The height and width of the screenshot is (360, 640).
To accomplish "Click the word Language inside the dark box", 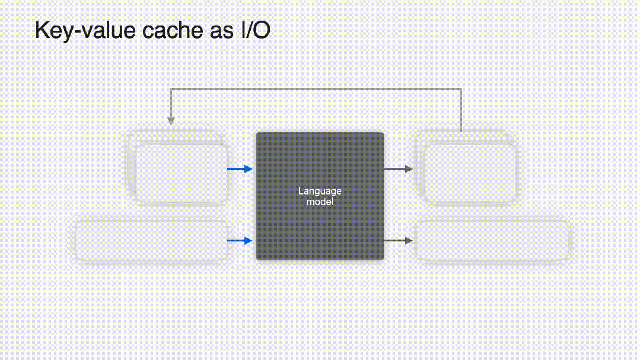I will (320, 191).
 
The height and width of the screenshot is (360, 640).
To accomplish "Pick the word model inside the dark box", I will (320, 202).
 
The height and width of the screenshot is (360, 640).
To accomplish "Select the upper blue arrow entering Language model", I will (240, 170).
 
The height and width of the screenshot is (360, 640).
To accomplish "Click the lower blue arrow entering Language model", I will (240, 241).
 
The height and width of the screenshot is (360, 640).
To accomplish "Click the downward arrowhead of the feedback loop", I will (171, 121).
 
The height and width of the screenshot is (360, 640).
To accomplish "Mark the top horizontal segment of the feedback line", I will (316, 90).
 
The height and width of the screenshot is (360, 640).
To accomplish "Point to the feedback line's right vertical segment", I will (461, 110).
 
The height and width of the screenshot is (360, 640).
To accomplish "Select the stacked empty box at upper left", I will (181, 172).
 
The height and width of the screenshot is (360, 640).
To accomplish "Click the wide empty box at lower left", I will (151, 241).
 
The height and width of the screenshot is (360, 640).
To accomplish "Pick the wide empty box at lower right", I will (492, 241).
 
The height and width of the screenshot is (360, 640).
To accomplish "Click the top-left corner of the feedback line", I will (171, 90).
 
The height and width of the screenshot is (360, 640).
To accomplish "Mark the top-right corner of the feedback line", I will (461, 90).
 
